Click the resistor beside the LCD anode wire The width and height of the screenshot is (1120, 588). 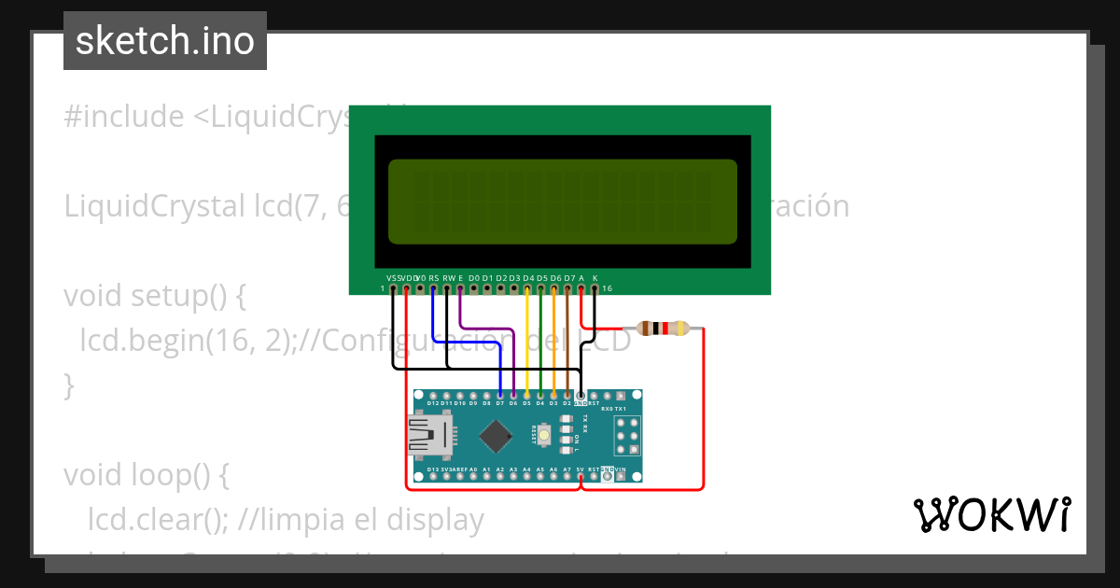pos(663,329)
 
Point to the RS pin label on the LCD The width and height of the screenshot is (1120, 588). pos(434,278)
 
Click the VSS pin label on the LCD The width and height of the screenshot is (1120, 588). pos(392,278)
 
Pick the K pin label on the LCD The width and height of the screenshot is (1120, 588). pos(595,278)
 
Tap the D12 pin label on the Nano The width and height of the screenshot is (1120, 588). pos(420,403)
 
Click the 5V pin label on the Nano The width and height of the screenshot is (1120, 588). pos(581,469)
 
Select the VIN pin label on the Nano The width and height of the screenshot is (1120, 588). pos(622,469)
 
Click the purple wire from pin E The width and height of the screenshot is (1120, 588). pos(485,328)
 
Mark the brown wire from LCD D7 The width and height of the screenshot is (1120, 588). pos(567,345)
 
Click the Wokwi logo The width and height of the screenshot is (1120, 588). pos(991,514)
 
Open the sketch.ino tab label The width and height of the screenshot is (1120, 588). pos(165,41)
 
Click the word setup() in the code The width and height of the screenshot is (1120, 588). pos(187,296)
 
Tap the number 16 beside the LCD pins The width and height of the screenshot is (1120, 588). pos(607,289)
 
